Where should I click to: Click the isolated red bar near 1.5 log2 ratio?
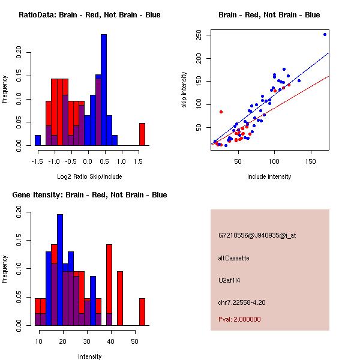[142, 134]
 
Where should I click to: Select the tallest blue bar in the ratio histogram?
[104, 90]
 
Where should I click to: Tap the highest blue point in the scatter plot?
[325, 34]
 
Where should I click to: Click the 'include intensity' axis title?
[269, 176]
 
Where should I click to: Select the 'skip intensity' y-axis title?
[184, 90]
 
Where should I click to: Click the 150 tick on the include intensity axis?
[311, 161]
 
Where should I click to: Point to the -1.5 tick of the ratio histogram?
[37, 161]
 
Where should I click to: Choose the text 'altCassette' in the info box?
[234, 258]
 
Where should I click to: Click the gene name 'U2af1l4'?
[230, 280]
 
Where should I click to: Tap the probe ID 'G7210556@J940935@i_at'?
[257, 235]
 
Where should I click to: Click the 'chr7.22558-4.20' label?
[242, 302]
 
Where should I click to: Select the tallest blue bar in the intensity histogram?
[60, 270]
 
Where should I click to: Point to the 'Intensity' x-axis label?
[90, 356]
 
